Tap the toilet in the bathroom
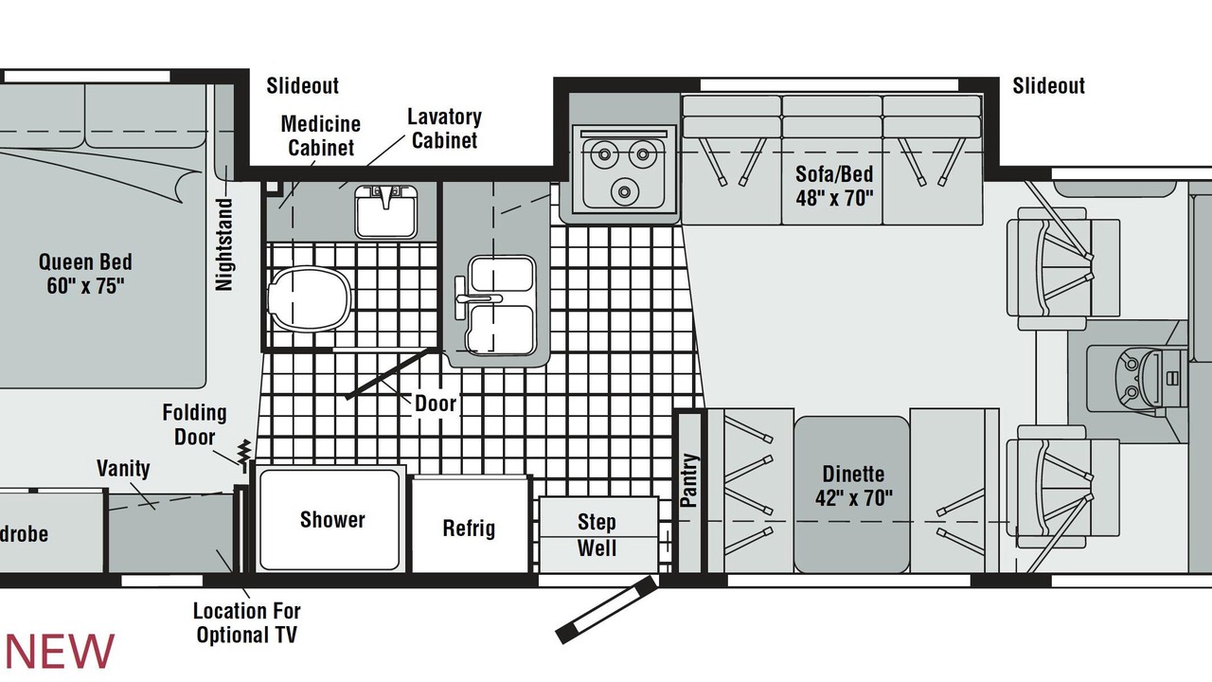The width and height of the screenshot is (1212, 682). click(x=310, y=298)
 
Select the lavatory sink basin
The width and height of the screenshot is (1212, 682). click(x=386, y=211)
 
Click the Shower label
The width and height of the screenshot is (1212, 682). click(x=332, y=520)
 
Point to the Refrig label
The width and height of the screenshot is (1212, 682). click(x=469, y=528)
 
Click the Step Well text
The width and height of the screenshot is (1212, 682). click(x=597, y=535)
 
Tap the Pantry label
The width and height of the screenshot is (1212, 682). click(x=688, y=480)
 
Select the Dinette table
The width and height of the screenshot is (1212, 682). click(x=852, y=494)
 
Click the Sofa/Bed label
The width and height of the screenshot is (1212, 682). click(x=834, y=186)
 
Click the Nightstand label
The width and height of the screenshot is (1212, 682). click(x=224, y=244)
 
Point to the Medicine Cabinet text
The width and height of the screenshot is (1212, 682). click(x=321, y=135)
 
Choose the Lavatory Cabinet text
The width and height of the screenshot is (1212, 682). click(x=444, y=128)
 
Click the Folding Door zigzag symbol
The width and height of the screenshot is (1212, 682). click(x=244, y=452)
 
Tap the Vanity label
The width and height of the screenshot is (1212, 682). click(x=123, y=468)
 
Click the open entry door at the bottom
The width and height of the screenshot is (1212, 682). click(x=607, y=609)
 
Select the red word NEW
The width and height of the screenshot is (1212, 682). click(x=60, y=651)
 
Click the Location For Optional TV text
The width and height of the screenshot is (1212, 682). click(x=247, y=623)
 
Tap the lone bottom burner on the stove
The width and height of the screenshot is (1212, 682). click(x=624, y=191)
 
